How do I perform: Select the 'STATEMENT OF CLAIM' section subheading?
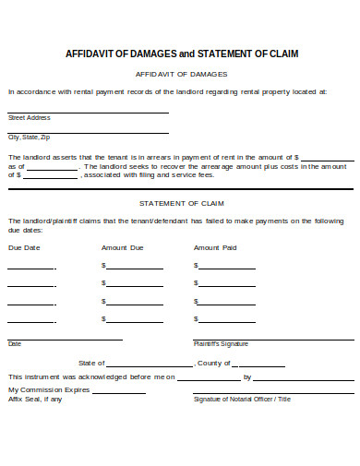point(181,202)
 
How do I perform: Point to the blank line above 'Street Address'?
point(88,112)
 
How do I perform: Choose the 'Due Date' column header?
point(24,247)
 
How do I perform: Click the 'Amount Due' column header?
point(122,247)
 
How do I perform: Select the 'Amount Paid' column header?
point(215,247)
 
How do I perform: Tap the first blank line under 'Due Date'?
point(30,268)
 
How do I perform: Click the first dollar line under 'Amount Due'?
point(134,268)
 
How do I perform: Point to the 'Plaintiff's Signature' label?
point(221,343)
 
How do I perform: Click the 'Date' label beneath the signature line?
point(14,343)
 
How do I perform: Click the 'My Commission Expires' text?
point(49,389)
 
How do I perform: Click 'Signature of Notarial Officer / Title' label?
point(242,399)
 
